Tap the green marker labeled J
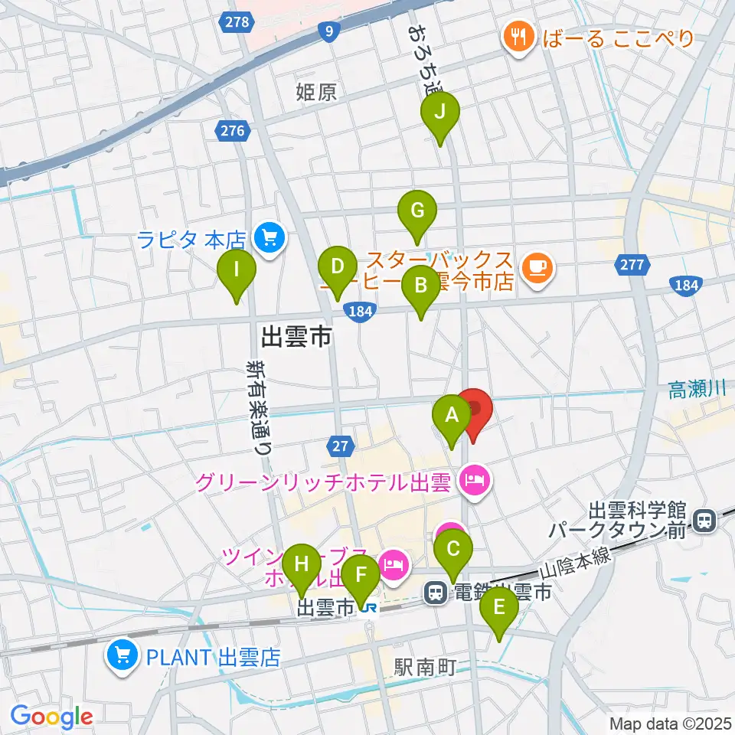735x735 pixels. click(x=440, y=113)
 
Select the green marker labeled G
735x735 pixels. click(x=417, y=211)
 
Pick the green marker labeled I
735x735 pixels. click(x=237, y=271)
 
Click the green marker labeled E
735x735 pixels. click(x=499, y=609)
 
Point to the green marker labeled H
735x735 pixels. click(x=302, y=566)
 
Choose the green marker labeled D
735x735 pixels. click(x=338, y=268)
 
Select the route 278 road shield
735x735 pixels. click(x=237, y=22)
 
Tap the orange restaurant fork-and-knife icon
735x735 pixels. click(x=518, y=36)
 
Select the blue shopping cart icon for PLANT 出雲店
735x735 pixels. click(x=122, y=657)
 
